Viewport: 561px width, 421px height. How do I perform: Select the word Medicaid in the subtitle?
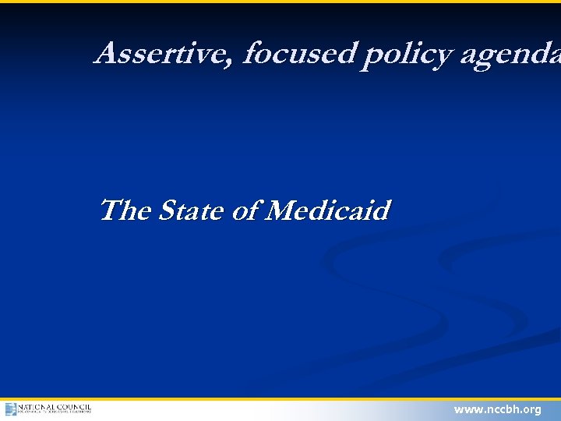click(327, 210)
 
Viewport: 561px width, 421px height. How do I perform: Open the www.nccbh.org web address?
click(497, 409)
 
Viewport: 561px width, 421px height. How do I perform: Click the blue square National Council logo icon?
click(10, 409)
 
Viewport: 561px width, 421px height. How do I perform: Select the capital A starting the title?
click(106, 54)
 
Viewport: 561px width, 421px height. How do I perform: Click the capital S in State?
click(167, 210)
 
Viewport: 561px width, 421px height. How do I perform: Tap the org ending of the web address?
click(532, 410)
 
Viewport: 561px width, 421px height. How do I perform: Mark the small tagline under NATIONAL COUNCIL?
click(55, 413)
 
